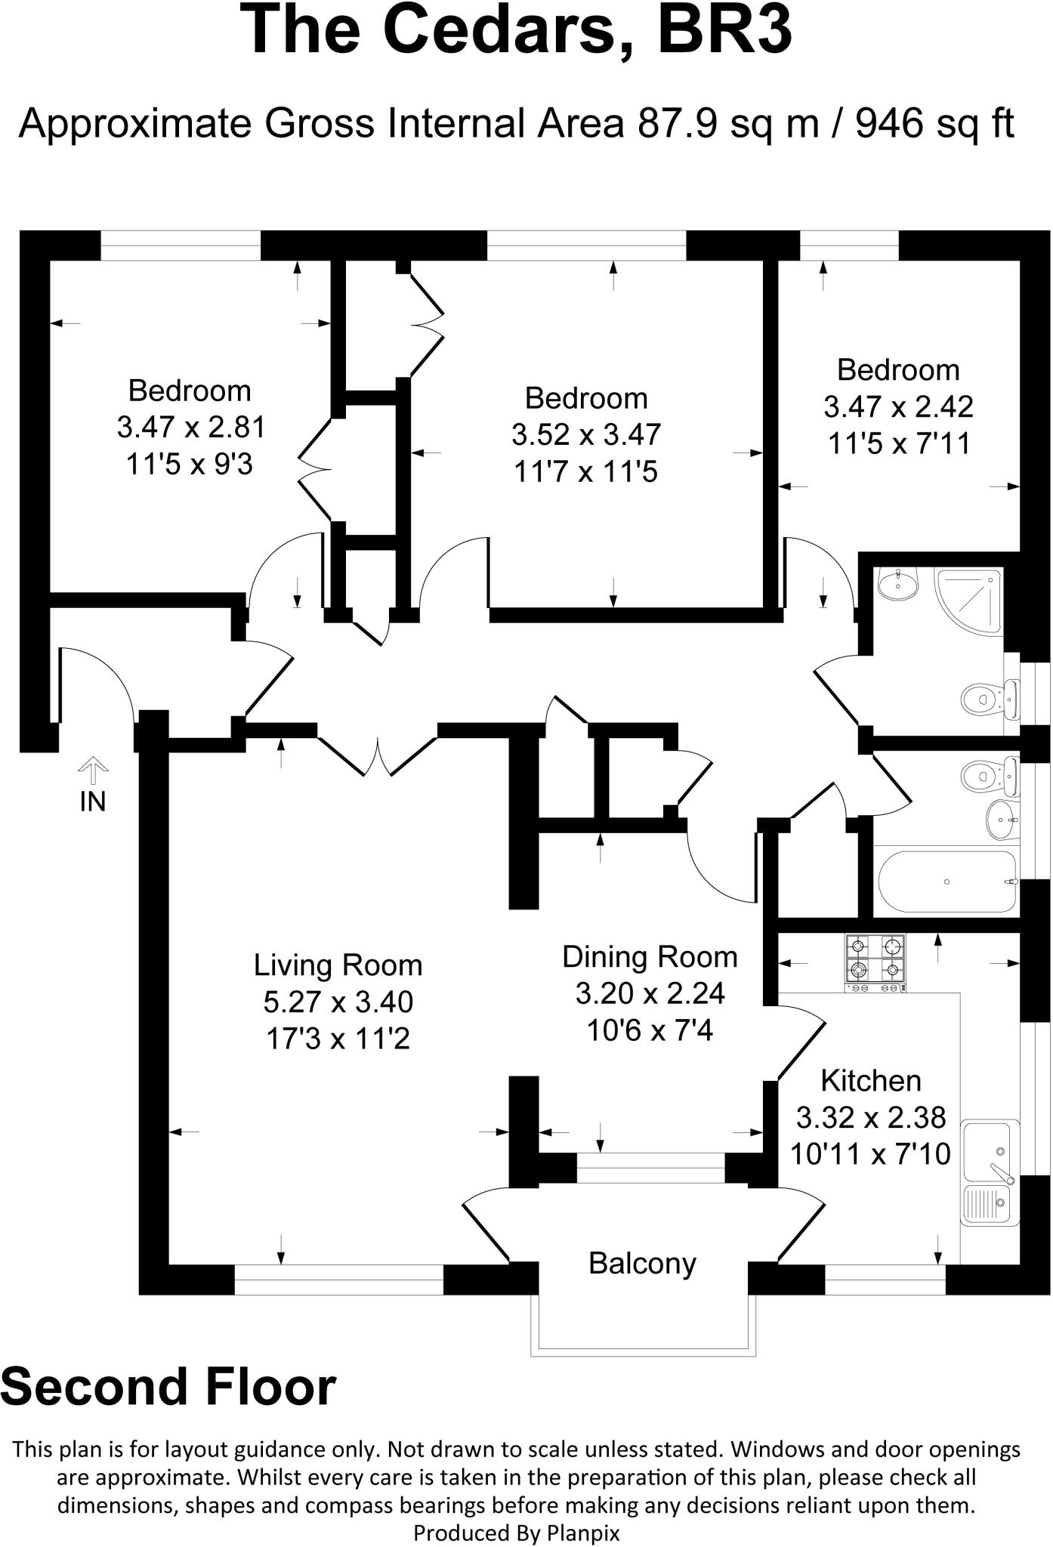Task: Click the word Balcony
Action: click(x=642, y=1263)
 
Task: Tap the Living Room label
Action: click(x=338, y=965)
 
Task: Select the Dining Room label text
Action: click(x=650, y=957)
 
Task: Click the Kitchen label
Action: click(x=870, y=1081)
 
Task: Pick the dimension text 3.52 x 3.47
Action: click(x=586, y=435)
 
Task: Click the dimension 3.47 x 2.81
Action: click(x=191, y=428)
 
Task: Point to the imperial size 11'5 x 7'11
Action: click(x=899, y=443)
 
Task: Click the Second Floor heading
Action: click(x=168, y=1388)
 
